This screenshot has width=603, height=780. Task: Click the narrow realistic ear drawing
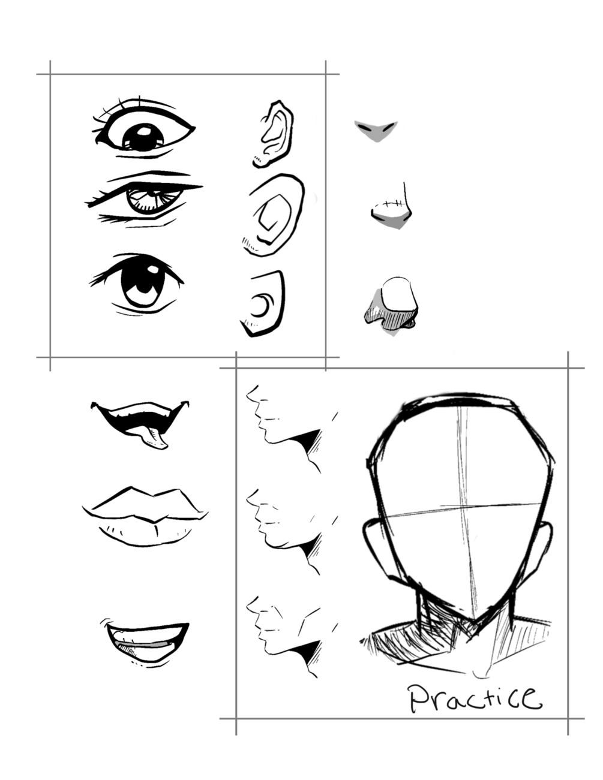click(x=274, y=134)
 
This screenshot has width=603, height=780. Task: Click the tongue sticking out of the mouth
click(x=154, y=439)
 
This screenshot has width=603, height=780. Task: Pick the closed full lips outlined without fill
click(x=145, y=517)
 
